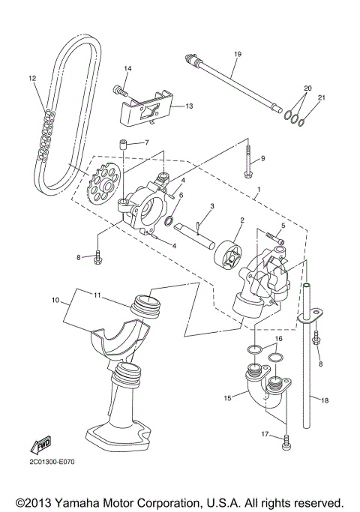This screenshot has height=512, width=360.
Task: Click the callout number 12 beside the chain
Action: [x=32, y=78]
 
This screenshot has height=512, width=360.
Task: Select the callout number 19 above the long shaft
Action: [x=237, y=54]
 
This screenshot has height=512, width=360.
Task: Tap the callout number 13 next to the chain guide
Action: [x=188, y=106]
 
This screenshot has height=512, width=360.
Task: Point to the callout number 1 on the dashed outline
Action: [x=259, y=190]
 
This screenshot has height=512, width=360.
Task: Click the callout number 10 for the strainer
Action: [x=55, y=301]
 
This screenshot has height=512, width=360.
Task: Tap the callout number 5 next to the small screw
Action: [x=283, y=225]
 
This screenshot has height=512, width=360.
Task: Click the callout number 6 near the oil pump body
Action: [x=181, y=196]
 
